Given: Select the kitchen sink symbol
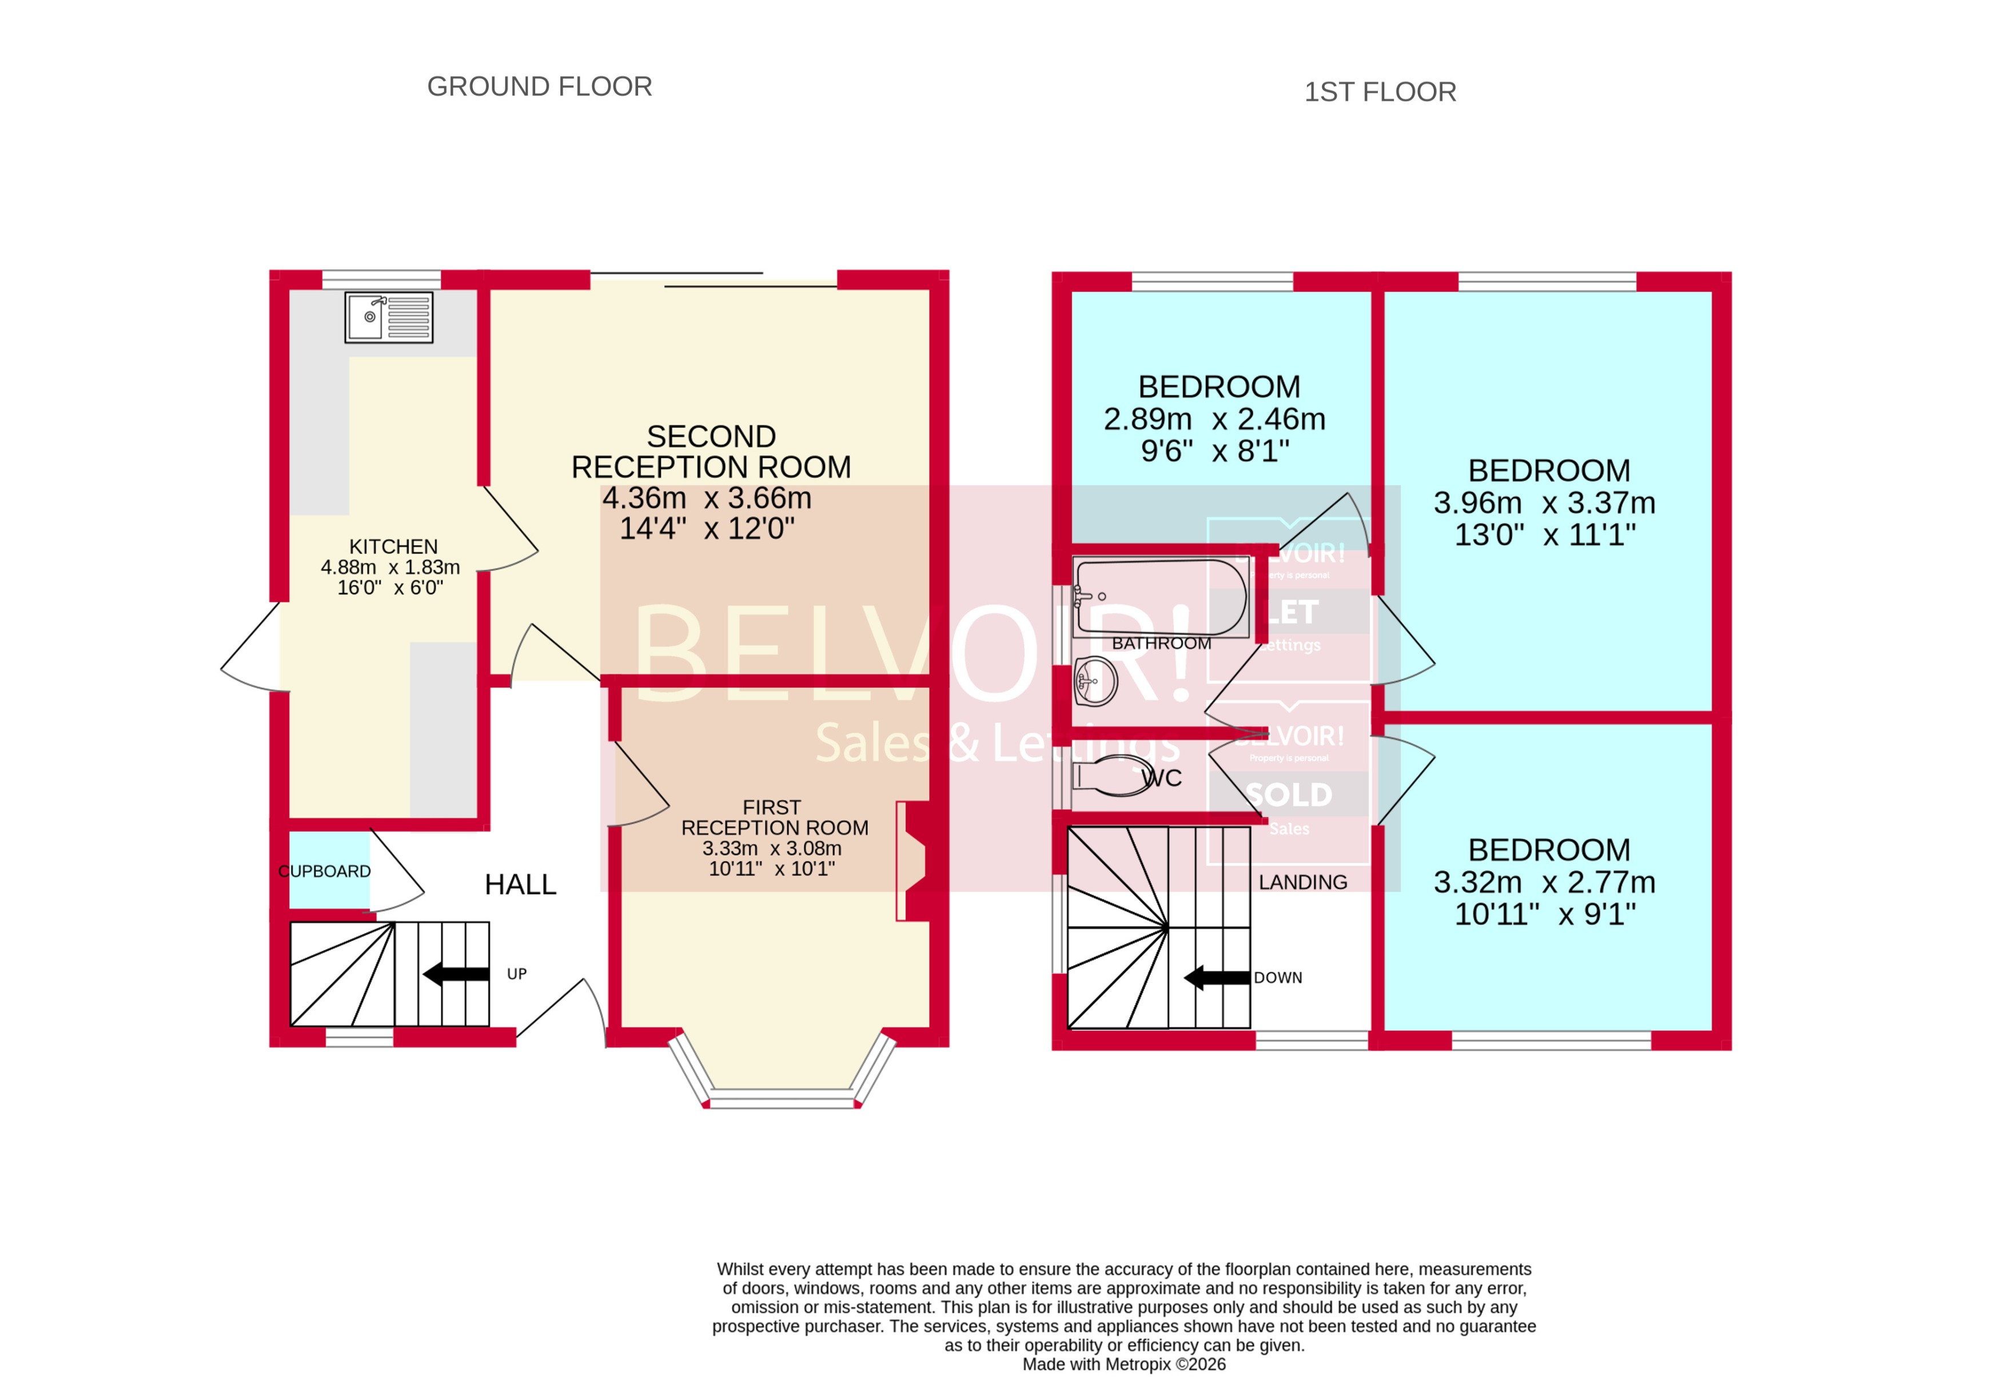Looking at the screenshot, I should (388, 317).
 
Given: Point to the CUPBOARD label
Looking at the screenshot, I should (324, 871).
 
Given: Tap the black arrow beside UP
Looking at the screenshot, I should (456, 974).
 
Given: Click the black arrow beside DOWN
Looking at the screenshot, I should (1217, 977).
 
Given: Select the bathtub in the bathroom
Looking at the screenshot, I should (1161, 597).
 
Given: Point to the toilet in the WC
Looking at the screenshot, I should (1113, 775).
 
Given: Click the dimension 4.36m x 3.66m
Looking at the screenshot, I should (707, 498).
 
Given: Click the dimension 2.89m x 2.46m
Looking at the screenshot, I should (1214, 420).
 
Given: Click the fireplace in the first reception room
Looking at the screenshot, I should (911, 860).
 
